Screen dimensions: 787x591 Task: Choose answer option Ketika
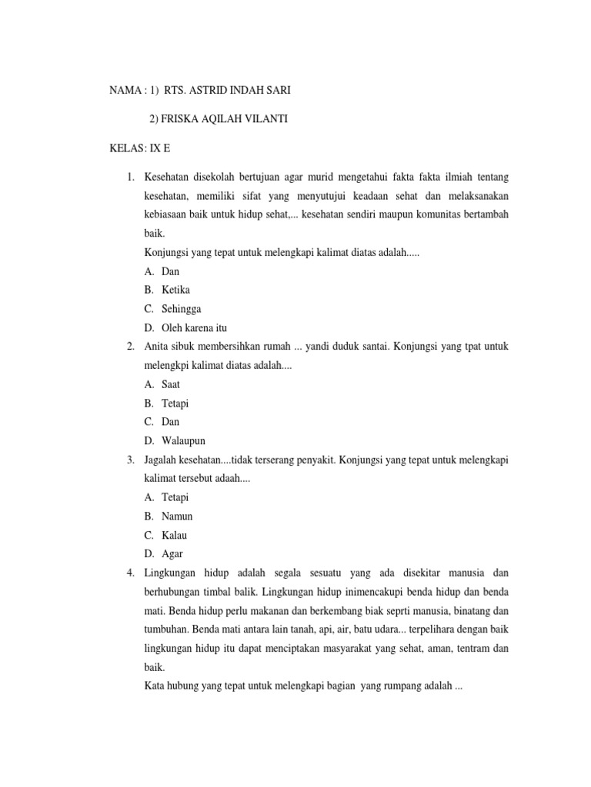pyautogui.click(x=175, y=290)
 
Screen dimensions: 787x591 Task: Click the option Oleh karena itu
pyautogui.click(x=194, y=327)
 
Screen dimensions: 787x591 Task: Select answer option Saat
pyautogui.click(x=172, y=384)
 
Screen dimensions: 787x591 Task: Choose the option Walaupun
pyautogui.click(x=183, y=440)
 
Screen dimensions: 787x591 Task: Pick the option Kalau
pyautogui.click(x=175, y=535)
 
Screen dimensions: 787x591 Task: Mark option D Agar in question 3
pyautogui.click(x=172, y=553)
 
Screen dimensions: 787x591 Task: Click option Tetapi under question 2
pyautogui.click(x=175, y=403)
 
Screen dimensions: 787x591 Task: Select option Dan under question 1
pyautogui.click(x=170, y=271)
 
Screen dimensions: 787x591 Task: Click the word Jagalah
pyautogui.click(x=160, y=460)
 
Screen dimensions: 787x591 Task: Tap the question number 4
pyautogui.click(x=131, y=573)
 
